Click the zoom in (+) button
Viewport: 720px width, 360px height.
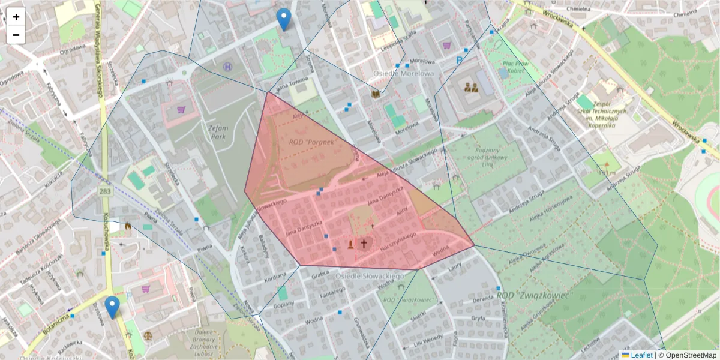coord(16,17)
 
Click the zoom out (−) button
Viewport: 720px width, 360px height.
coord(16,35)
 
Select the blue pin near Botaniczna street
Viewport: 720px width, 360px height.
coord(112,307)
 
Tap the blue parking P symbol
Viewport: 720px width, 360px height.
coord(460,60)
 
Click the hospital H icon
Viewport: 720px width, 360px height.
coord(227,67)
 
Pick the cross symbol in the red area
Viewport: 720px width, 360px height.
coord(363,244)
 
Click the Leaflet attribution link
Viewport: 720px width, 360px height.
coord(641,355)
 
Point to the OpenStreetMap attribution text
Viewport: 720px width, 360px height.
coord(688,355)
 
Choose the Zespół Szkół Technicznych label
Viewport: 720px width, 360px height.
coord(610,112)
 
